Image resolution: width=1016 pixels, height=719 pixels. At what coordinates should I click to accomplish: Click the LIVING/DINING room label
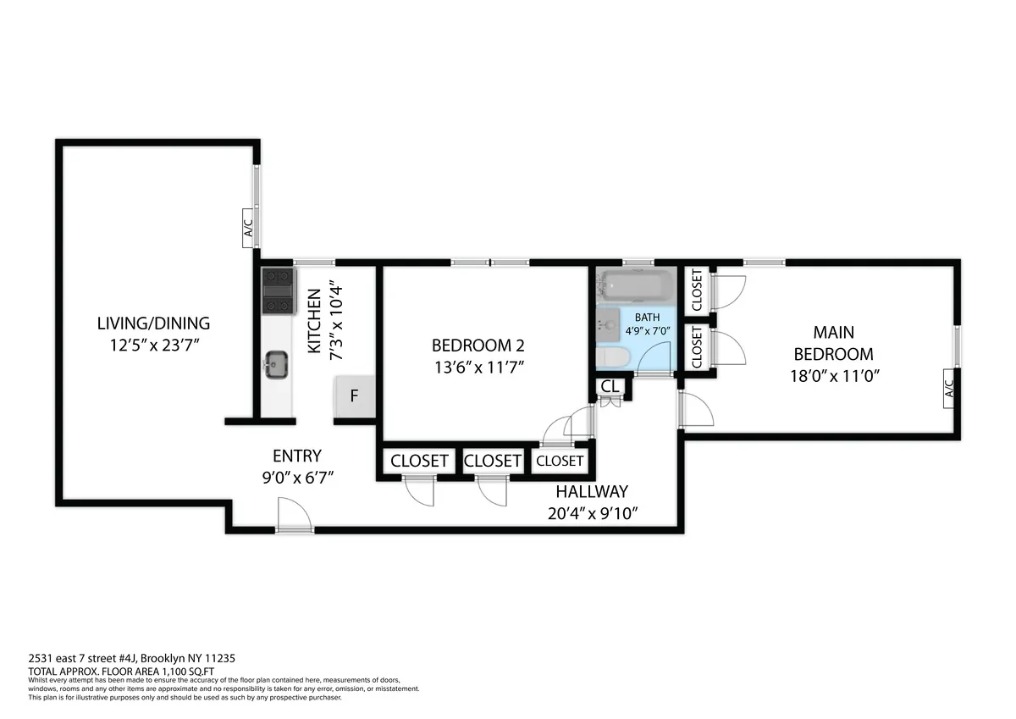click(x=153, y=323)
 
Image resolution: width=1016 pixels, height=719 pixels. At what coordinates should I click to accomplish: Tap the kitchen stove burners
click(x=277, y=290)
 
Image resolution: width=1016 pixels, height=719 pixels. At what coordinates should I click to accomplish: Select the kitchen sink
click(x=276, y=366)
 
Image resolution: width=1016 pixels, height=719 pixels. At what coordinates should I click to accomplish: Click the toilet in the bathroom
click(x=610, y=358)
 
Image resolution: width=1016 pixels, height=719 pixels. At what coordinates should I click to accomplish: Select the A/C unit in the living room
click(x=248, y=228)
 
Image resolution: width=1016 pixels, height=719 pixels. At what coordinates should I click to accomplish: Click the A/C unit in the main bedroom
click(x=948, y=389)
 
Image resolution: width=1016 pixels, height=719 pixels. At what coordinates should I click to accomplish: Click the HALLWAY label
click(x=591, y=491)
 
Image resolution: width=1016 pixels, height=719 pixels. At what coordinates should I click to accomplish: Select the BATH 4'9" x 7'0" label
click(x=648, y=324)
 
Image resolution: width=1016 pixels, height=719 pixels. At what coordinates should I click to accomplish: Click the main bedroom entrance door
click(x=694, y=412)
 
